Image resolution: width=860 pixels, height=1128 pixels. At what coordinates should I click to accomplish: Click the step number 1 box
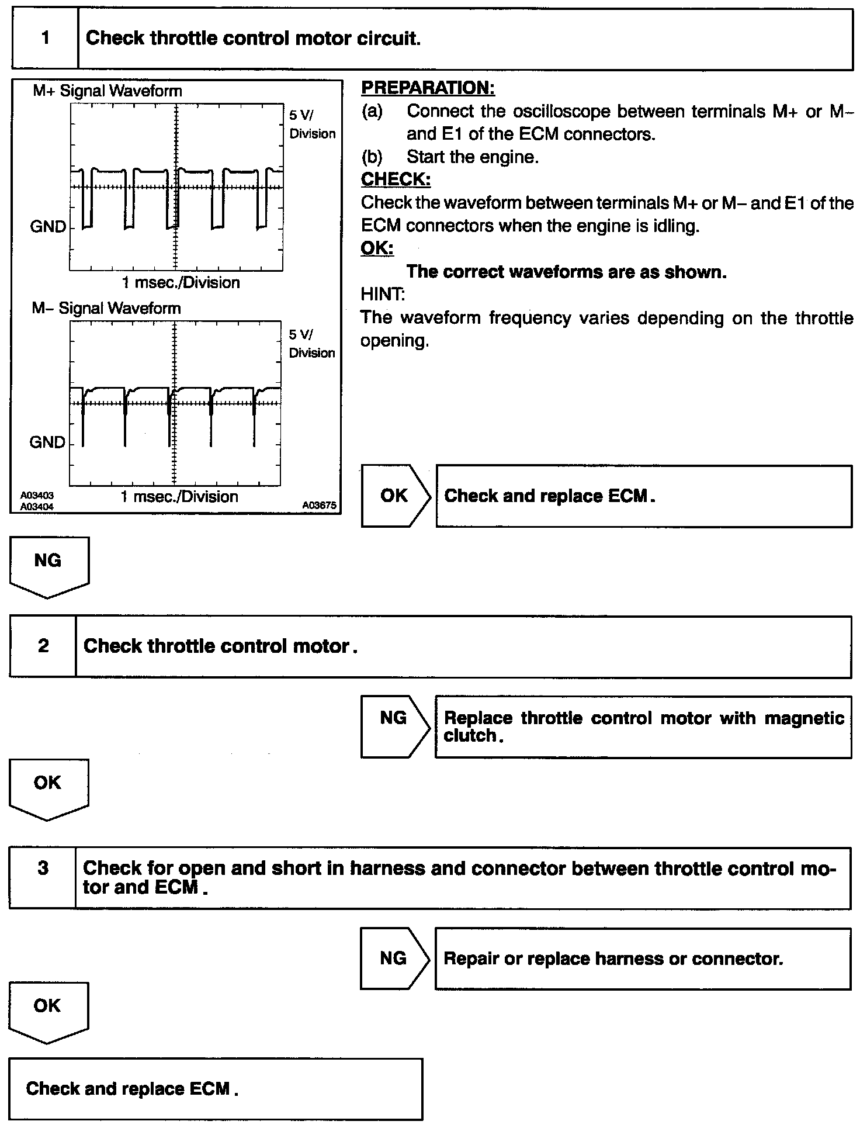pyautogui.click(x=45, y=39)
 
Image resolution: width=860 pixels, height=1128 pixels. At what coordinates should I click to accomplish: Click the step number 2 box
pyautogui.click(x=43, y=646)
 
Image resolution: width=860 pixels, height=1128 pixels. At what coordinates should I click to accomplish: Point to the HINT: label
pyautogui.click(x=383, y=294)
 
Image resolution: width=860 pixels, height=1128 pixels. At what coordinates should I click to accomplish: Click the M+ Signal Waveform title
pyautogui.click(x=107, y=91)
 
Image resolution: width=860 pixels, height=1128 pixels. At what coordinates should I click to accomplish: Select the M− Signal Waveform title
pyautogui.click(x=106, y=308)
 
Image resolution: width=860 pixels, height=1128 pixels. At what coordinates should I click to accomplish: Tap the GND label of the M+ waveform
pyautogui.click(x=48, y=227)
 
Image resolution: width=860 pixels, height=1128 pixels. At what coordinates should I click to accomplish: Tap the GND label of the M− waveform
pyautogui.click(x=48, y=442)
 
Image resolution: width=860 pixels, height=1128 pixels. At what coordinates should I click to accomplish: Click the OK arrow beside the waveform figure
pyautogui.click(x=396, y=496)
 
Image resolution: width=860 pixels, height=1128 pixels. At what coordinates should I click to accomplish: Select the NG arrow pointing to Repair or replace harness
pyautogui.click(x=394, y=958)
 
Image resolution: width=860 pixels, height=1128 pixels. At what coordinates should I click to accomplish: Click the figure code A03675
pyautogui.click(x=320, y=505)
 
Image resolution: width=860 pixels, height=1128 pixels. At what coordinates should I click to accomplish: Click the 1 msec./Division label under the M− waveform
pyautogui.click(x=179, y=497)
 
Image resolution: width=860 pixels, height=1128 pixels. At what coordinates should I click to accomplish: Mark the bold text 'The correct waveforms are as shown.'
pyautogui.click(x=566, y=272)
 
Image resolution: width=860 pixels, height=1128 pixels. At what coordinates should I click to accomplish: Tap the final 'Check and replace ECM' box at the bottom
pyautogui.click(x=216, y=1088)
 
